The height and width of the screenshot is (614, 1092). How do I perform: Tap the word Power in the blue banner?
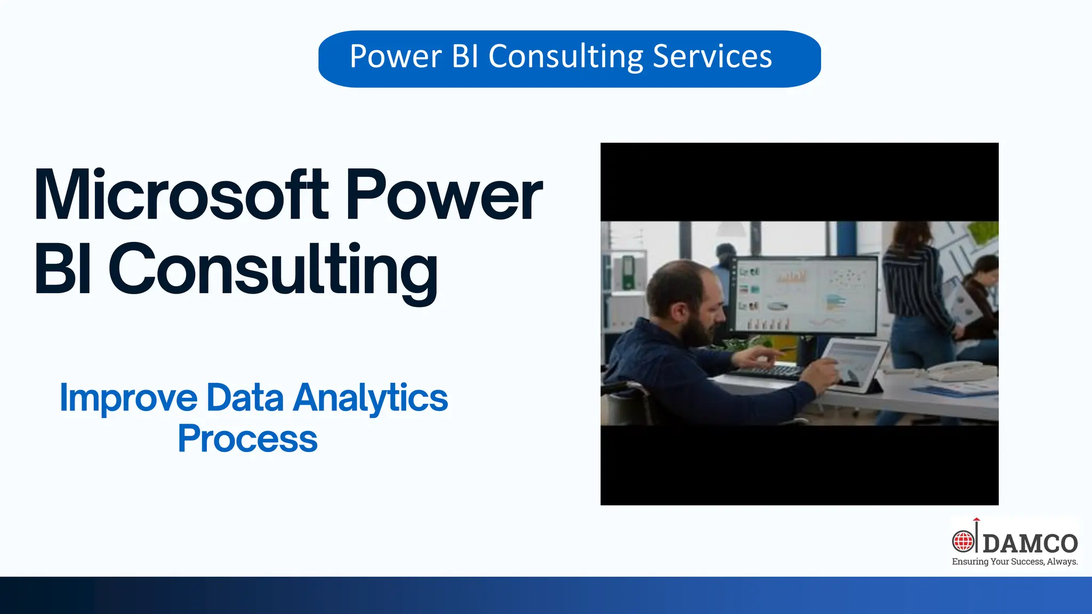[x=396, y=56]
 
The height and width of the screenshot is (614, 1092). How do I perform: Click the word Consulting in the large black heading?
[x=273, y=269]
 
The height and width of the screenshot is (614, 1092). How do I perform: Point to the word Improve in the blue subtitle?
[x=128, y=398]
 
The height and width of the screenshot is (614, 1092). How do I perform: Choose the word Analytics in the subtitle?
[x=371, y=398]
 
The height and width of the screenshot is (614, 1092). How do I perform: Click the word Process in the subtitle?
[x=247, y=439]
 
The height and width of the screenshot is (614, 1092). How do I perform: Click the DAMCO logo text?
[x=1030, y=544]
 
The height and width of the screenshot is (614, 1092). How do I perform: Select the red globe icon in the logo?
[x=963, y=542]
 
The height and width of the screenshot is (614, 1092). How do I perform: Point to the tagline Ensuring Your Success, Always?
[x=1015, y=562]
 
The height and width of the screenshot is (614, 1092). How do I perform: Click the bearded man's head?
[x=685, y=298]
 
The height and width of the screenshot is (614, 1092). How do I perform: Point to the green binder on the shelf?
[x=628, y=272]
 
